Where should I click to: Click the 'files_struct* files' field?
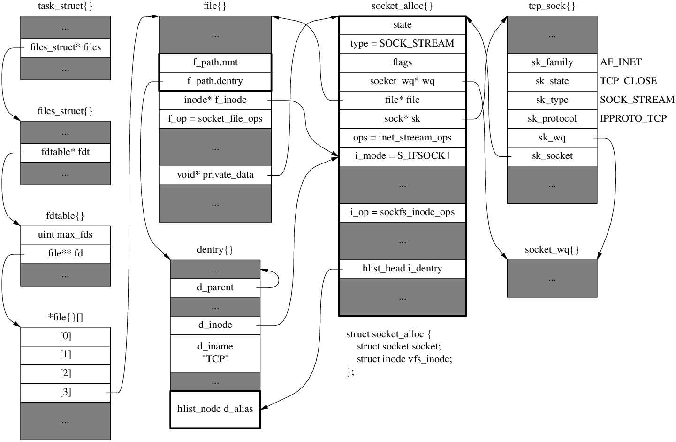click(65, 47)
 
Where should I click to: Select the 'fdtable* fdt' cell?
click(65, 152)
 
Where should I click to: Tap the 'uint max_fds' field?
click(65, 235)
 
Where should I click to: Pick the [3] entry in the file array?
click(65, 392)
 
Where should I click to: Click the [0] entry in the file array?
click(65, 336)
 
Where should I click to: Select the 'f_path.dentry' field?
click(215, 81)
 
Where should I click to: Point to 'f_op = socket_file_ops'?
click(215, 119)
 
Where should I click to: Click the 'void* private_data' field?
click(215, 175)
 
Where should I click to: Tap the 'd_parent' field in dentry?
click(215, 287)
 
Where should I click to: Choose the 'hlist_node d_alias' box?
click(215, 409)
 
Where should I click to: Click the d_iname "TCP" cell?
click(215, 353)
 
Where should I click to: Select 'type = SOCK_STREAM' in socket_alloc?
click(402, 44)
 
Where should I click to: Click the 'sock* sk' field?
click(402, 119)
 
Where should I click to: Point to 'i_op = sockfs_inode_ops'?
click(402, 212)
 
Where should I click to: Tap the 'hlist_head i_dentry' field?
click(402, 269)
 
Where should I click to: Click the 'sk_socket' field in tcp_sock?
click(552, 156)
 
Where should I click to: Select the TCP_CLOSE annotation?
click(628, 81)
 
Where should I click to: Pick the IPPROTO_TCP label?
click(633, 118)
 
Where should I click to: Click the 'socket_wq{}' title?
click(552, 250)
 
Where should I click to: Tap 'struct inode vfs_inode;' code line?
click(404, 359)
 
